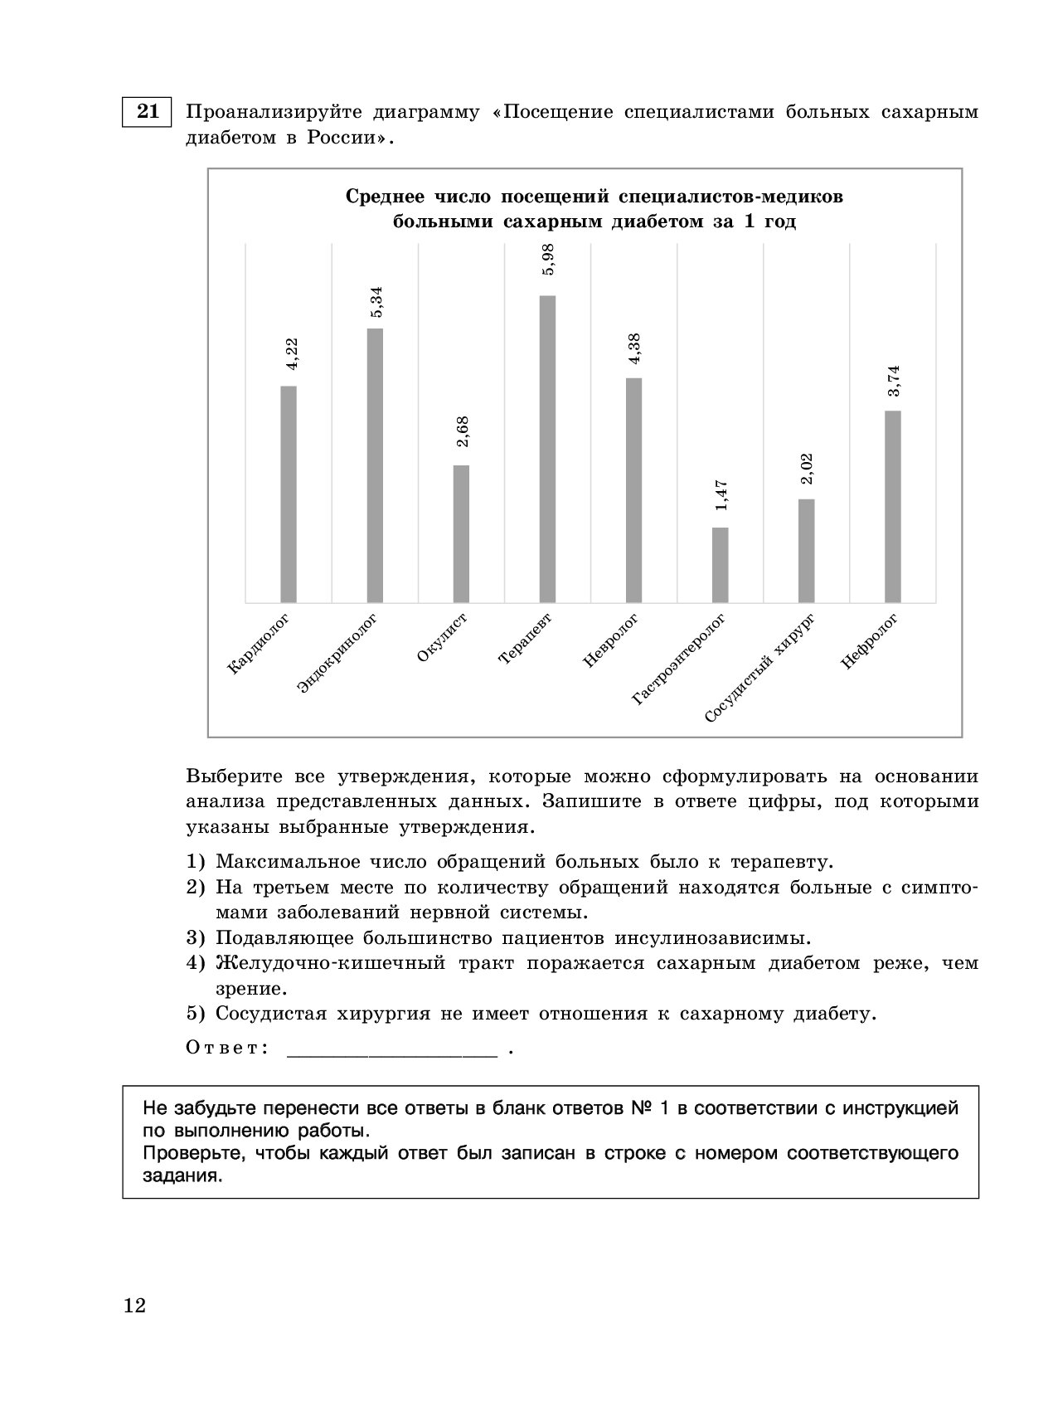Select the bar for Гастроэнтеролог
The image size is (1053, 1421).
(x=720, y=564)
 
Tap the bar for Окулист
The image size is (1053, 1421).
(x=461, y=533)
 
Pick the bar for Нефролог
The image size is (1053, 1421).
(x=892, y=506)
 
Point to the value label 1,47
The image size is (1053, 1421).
(x=721, y=501)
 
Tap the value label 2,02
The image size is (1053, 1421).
(x=807, y=470)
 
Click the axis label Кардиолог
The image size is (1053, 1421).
(x=258, y=644)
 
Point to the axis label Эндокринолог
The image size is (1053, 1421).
(x=337, y=654)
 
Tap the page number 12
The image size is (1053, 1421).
(x=134, y=1307)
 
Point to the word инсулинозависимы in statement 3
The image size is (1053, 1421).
(x=712, y=938)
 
